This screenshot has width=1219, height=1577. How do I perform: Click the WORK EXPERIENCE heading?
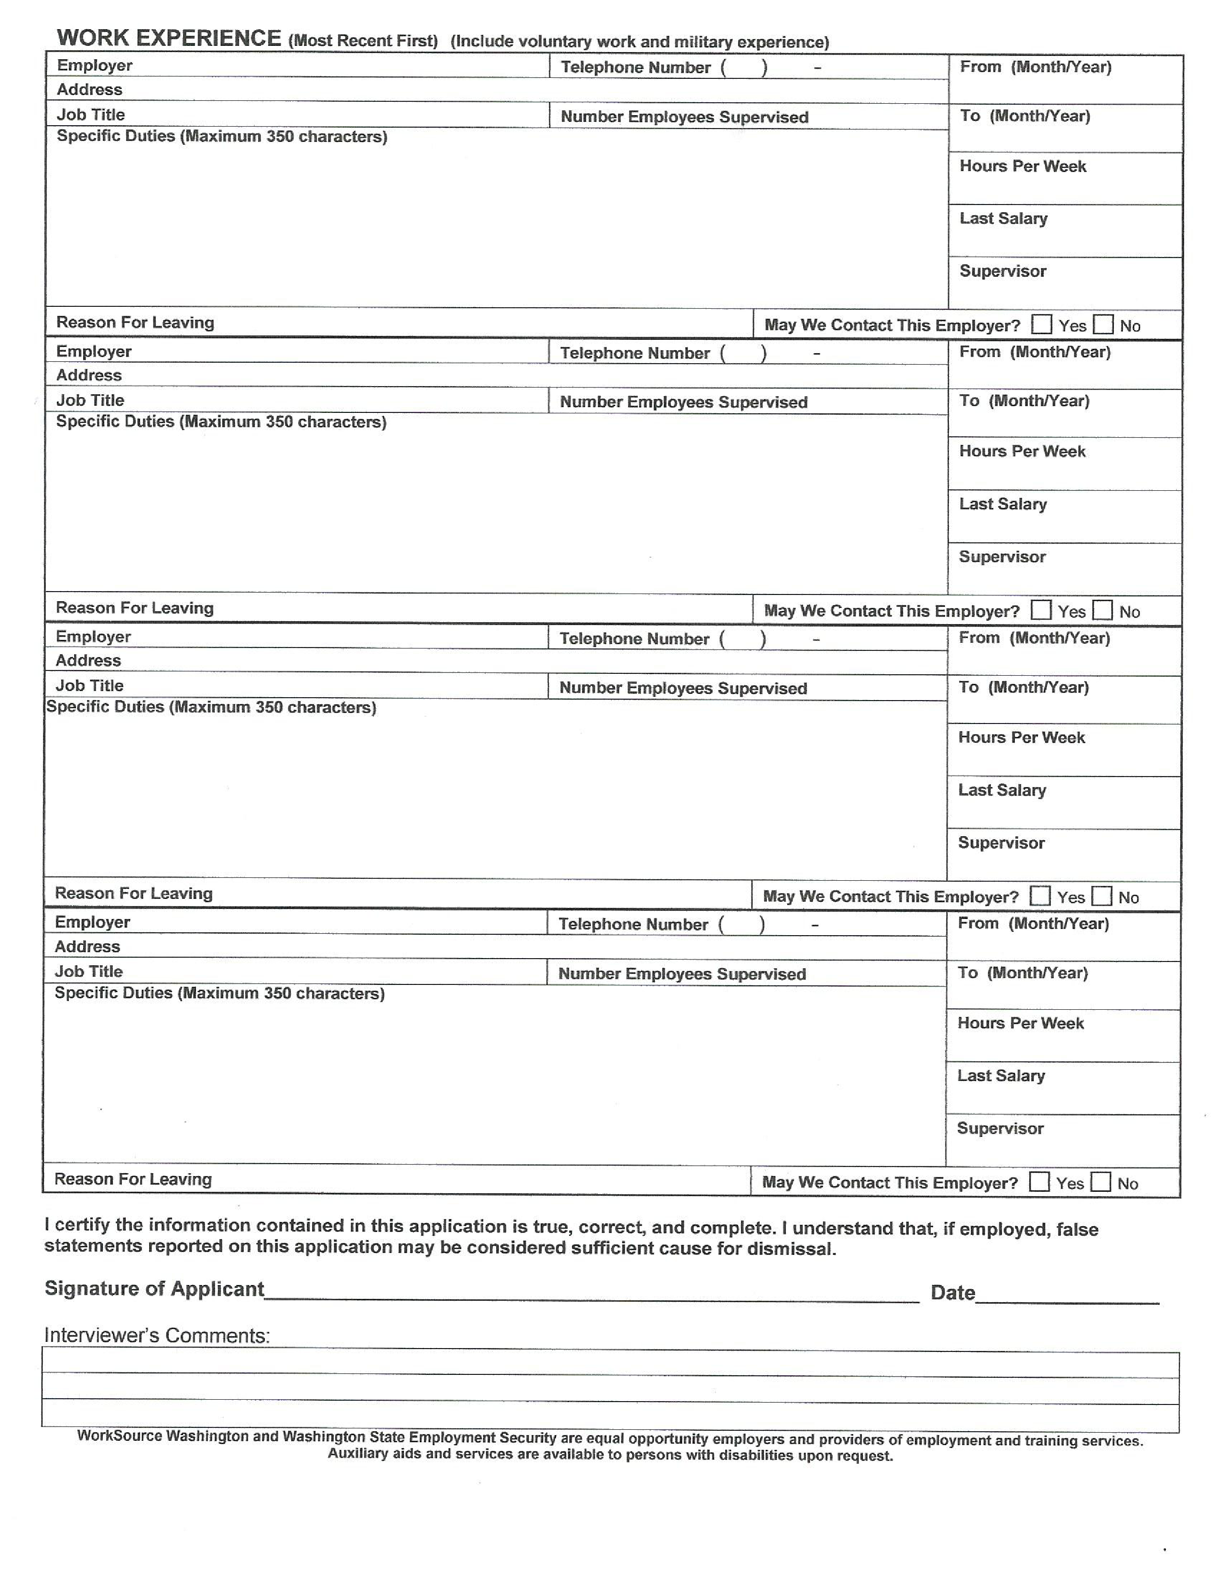tap(168, 38)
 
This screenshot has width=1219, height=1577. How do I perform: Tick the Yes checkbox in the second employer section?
tap(1041, 610)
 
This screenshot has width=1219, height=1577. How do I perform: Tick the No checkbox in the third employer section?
tap(1101, 896)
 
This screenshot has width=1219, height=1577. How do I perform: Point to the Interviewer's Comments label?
tap(157, 1336)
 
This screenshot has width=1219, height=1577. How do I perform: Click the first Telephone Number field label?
tap(635, 67)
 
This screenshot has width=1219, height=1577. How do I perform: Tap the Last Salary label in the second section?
tap(1002, 504)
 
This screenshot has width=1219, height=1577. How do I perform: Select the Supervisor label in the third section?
tap(1001, 843)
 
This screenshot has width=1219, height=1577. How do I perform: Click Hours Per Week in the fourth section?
tap(1021, 1023)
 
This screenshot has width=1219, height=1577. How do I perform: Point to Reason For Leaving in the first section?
tap(135, 322)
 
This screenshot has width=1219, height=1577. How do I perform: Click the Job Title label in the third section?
tap(89, 685)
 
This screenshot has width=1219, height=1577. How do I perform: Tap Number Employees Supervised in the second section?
tap(683, 402)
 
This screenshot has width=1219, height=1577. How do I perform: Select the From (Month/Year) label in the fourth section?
tap(1033, 923)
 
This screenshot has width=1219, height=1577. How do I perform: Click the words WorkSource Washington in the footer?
tap(163, 1436)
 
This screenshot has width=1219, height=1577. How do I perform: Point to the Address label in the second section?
tap(89, 375)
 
